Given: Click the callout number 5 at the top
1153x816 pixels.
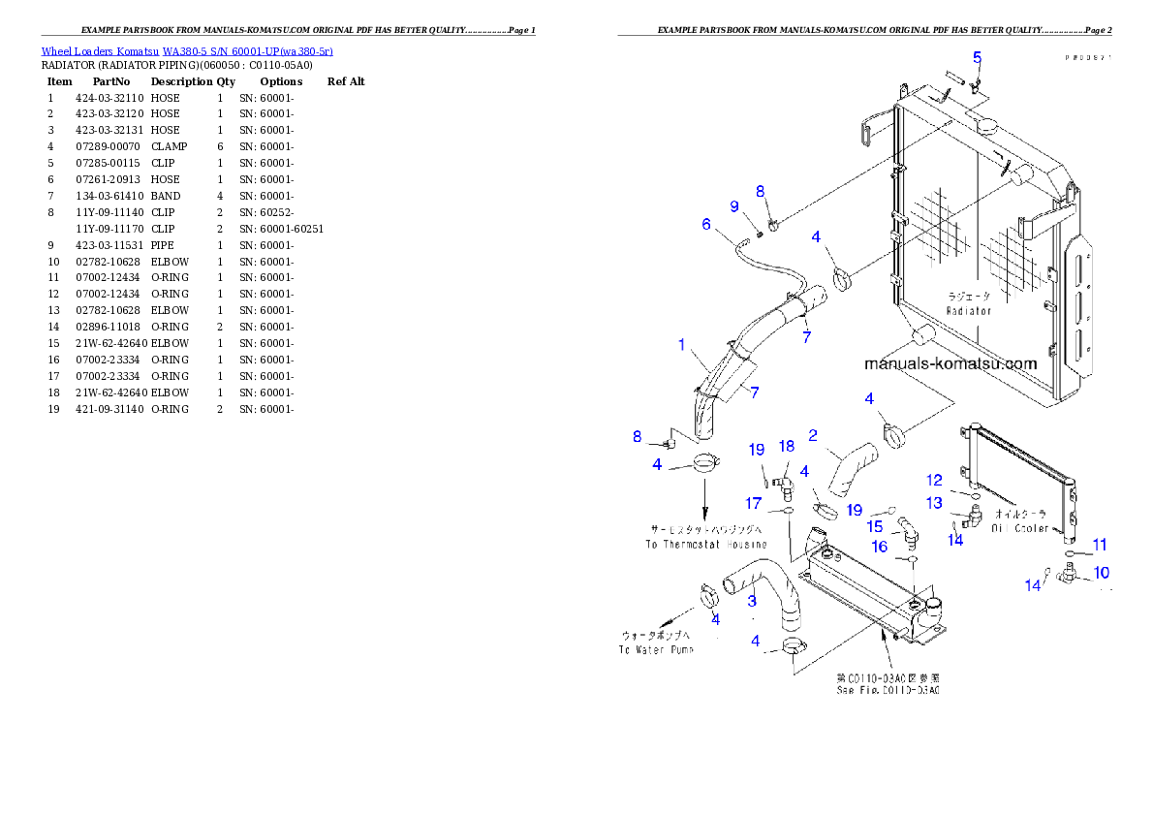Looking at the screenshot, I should coord(977,57).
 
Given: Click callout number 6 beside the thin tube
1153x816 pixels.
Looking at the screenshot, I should coord(706,224).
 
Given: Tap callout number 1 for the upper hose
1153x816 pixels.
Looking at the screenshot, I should coord(682,344).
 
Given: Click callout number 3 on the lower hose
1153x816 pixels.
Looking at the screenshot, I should coord(751,601).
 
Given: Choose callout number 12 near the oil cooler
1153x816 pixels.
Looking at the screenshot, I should coord(934,480).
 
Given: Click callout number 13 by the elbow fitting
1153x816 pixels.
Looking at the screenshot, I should coord(934,503).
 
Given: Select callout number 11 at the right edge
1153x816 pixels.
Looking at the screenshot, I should coord(1100,545).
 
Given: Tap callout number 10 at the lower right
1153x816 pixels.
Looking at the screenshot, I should coord(1101,573).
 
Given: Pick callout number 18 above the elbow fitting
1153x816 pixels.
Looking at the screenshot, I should coord(787,446).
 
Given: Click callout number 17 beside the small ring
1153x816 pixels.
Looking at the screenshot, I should coord(753,503).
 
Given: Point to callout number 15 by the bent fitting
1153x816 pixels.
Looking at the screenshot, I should coord(874,526).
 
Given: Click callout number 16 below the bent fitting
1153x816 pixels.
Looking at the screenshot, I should coord(880,547).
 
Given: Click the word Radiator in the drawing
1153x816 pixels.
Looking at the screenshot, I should coord(969,311).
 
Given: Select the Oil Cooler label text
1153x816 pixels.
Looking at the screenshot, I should coord(1019,529).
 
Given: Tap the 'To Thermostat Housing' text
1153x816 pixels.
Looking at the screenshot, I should coord(705,545).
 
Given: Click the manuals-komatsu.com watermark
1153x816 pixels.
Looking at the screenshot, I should coord(950,364).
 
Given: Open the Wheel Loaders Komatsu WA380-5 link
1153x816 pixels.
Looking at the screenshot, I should coord(187,51).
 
